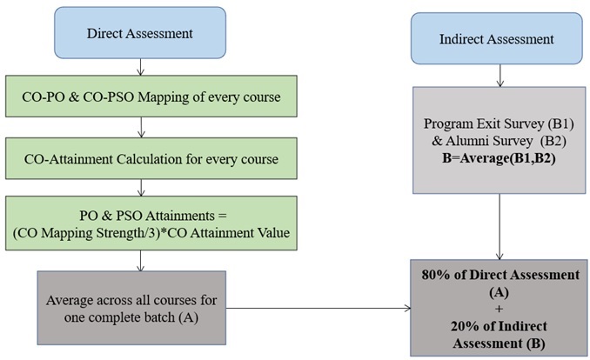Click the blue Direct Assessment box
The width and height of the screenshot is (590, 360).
tap(140, 33)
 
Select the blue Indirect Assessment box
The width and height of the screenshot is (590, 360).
tap(496, 38)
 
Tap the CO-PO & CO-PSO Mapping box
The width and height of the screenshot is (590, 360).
tap(151, 97)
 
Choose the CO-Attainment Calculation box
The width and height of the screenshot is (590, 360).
tap(151, 158)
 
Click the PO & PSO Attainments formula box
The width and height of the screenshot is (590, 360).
tap(151, 223)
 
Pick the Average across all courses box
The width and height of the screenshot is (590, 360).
tap(131, 308)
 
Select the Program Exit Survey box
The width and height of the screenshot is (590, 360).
tap(499, 140)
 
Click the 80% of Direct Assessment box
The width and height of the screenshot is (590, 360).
tap(499, 308)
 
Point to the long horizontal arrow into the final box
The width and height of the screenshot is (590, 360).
tap(318, 309)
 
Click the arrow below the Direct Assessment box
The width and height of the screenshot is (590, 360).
tap(140, 67)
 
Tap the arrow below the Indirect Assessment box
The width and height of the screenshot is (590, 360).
tap(499, 76)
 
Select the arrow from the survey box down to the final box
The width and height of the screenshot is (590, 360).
tap(499, 227)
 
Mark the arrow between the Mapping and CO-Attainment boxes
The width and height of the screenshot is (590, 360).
tap(141, 127)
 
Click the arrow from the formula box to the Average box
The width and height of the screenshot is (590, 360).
tap(140, 261)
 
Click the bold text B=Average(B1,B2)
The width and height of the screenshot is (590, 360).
tap(499, 158)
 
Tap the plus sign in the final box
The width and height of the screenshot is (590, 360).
tap(499, 309)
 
